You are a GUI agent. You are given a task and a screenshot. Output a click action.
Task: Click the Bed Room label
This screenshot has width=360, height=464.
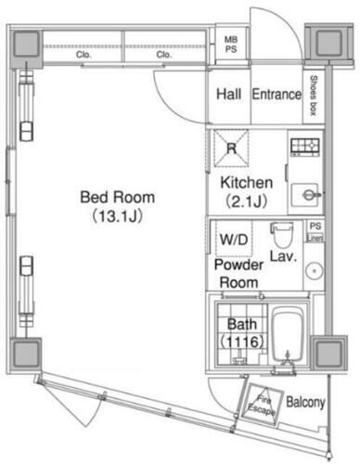[117, 197]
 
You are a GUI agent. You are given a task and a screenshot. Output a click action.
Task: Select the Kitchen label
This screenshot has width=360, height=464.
[245, 182]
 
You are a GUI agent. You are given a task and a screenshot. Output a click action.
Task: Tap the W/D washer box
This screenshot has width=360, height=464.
[233, 239]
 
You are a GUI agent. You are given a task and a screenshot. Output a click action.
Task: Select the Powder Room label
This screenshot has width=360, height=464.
[237, 272]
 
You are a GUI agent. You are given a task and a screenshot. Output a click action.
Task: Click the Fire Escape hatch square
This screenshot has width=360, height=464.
[260, 406]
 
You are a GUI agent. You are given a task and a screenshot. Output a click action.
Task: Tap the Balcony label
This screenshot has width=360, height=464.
[304, 403]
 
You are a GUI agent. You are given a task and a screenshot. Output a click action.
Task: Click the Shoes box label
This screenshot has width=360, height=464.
[315, 97]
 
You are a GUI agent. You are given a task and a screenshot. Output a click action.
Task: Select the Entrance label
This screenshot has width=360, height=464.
[276, 95]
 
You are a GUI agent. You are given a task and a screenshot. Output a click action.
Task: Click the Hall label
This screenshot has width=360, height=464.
[228, 95]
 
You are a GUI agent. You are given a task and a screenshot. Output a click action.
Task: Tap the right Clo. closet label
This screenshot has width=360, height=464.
[164, 54]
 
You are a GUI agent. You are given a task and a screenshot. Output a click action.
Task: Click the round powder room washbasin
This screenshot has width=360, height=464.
[313, 272]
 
